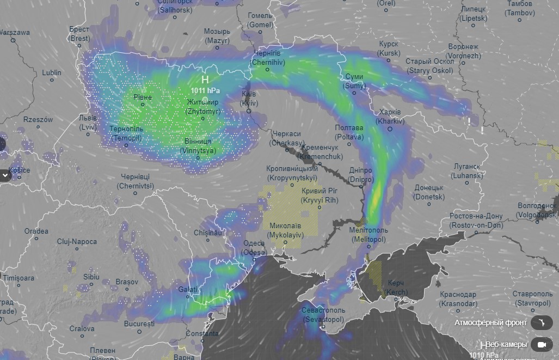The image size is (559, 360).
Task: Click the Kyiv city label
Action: (249, 99)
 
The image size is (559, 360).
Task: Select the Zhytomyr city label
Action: (202, 107)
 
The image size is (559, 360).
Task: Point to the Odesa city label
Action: (255, 248)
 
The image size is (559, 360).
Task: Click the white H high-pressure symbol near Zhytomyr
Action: (205, 80)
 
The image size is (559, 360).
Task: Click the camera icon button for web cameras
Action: (541, 345)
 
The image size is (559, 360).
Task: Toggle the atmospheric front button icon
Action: (541, 323)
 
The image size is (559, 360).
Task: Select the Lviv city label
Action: (88, 123)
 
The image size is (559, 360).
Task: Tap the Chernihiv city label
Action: (267, 58)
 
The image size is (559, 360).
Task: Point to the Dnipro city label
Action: (361, 174)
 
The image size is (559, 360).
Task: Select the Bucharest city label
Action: (139, 324)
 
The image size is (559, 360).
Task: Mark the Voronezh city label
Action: (464, 51)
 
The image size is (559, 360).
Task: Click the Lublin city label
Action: (52, 72)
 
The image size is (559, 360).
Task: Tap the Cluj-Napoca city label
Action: (77, 242)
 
